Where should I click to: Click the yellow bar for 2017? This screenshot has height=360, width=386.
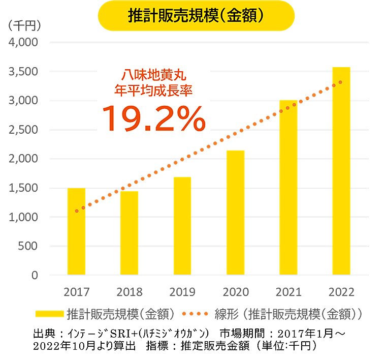coord(76,231)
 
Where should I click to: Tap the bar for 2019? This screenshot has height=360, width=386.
coord(182,226)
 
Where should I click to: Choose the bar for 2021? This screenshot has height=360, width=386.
coord(288,188)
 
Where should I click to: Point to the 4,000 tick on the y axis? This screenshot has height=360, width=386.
coord(23,42)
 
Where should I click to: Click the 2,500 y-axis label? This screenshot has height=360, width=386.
coord(23,130)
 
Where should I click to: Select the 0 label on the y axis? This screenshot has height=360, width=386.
coord(35,275)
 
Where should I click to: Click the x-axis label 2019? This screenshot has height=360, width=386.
coord(182,292)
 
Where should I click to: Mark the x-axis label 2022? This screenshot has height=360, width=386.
coord(341,292)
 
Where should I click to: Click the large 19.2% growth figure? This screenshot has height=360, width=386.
coord(154,118)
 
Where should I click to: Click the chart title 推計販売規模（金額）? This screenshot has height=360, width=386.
coord(196,16)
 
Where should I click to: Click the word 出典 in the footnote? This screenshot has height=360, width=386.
coord(43,334)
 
